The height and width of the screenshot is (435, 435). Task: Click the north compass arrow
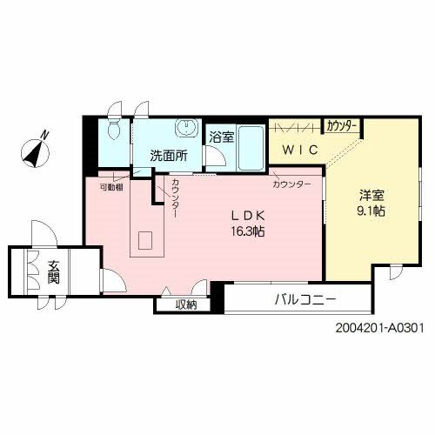click(x=36, y=149)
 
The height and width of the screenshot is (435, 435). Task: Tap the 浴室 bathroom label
click(x=221, y=136)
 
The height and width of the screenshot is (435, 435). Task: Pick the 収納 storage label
click(x=185, y=304)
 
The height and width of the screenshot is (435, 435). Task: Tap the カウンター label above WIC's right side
click(x=342, y=127)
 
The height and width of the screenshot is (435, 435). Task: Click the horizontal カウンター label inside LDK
click(x=291, y=184)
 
